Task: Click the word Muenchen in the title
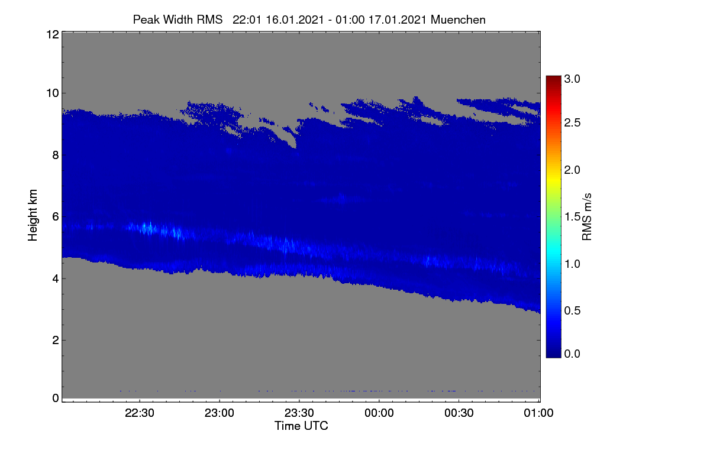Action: [x=458, y=20]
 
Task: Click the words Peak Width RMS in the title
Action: [x=177, y=20]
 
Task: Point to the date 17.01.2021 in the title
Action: [x=397, y=20]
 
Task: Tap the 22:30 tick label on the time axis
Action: [x=140, y=413]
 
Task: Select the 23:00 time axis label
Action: [x=220, y=413]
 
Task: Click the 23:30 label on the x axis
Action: [x=299, y=413]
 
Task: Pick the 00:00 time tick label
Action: [x=379, y=413]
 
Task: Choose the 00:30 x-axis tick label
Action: [x=459, y=413]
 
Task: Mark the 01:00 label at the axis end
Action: [x=538, y=413]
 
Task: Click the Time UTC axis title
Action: [x=301, y=426]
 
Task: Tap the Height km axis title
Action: [x=33, y=215]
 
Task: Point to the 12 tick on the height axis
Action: [x=53, y=34]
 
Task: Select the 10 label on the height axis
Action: [x=53, y=93]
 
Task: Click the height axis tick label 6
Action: [x=56, y=217]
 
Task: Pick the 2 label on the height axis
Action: [x=56, y=340]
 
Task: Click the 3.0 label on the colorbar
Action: [x=572, y=79]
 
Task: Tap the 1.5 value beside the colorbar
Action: [x=572, y=217]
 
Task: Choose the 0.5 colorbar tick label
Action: [x=572, y=310]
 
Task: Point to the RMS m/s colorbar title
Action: [x=587, y=217]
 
